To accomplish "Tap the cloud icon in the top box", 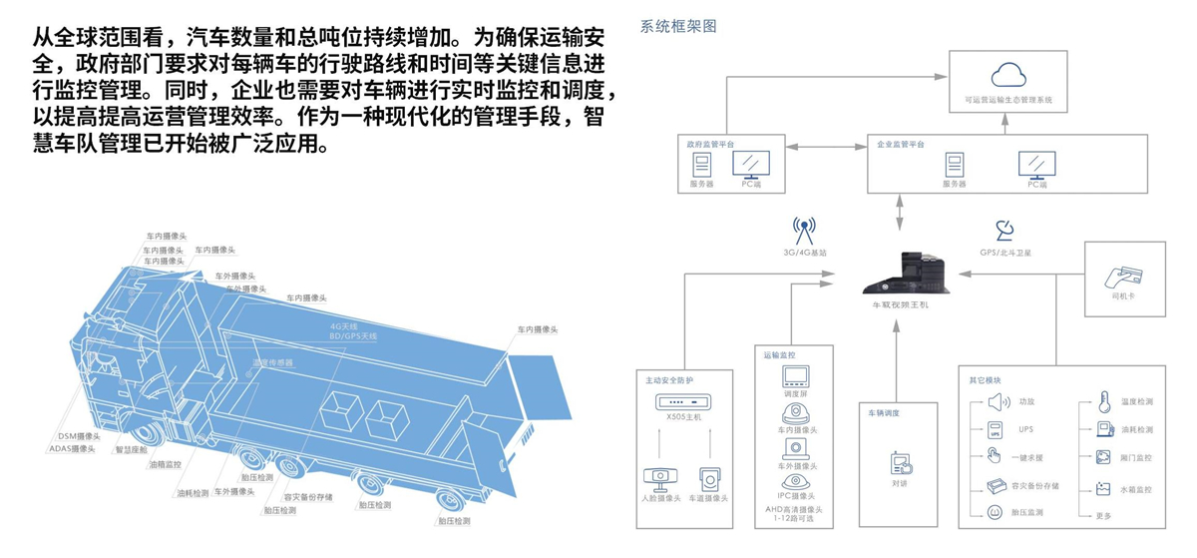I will click(x=1007, y=74).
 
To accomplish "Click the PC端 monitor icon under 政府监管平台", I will click(x=749, y=163).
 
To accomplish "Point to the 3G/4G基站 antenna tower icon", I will click(x=804, y=232).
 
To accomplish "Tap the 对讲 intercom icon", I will click(x=900, y=463).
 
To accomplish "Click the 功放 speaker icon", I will click(x=997, y=402).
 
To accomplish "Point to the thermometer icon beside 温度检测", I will click(x=1104, y=402).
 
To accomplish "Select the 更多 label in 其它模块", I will click(x=1103, y=515).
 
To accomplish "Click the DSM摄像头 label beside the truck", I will click(x=80, y=436).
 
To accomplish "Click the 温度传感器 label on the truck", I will click(x=272, y=363).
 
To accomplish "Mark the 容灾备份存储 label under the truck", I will click(x=309, y=496).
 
